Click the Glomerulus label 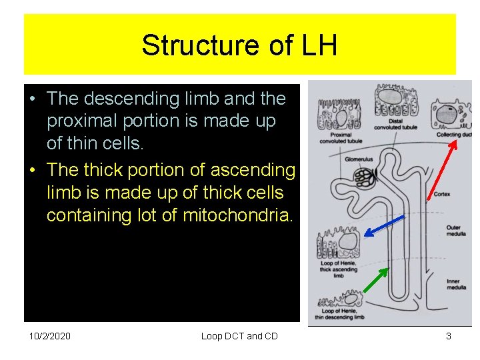click(x=358, y=159)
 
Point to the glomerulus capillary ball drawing click(x=364, y=177)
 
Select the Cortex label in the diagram click(x=442, y=194)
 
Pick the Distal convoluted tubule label click(x=393, y=125)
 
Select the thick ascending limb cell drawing click(x=340, y=244)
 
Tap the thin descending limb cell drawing click(x=340, y=301)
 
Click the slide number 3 click(x=449, y=336)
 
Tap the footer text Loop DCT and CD click(x=239, y=336)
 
